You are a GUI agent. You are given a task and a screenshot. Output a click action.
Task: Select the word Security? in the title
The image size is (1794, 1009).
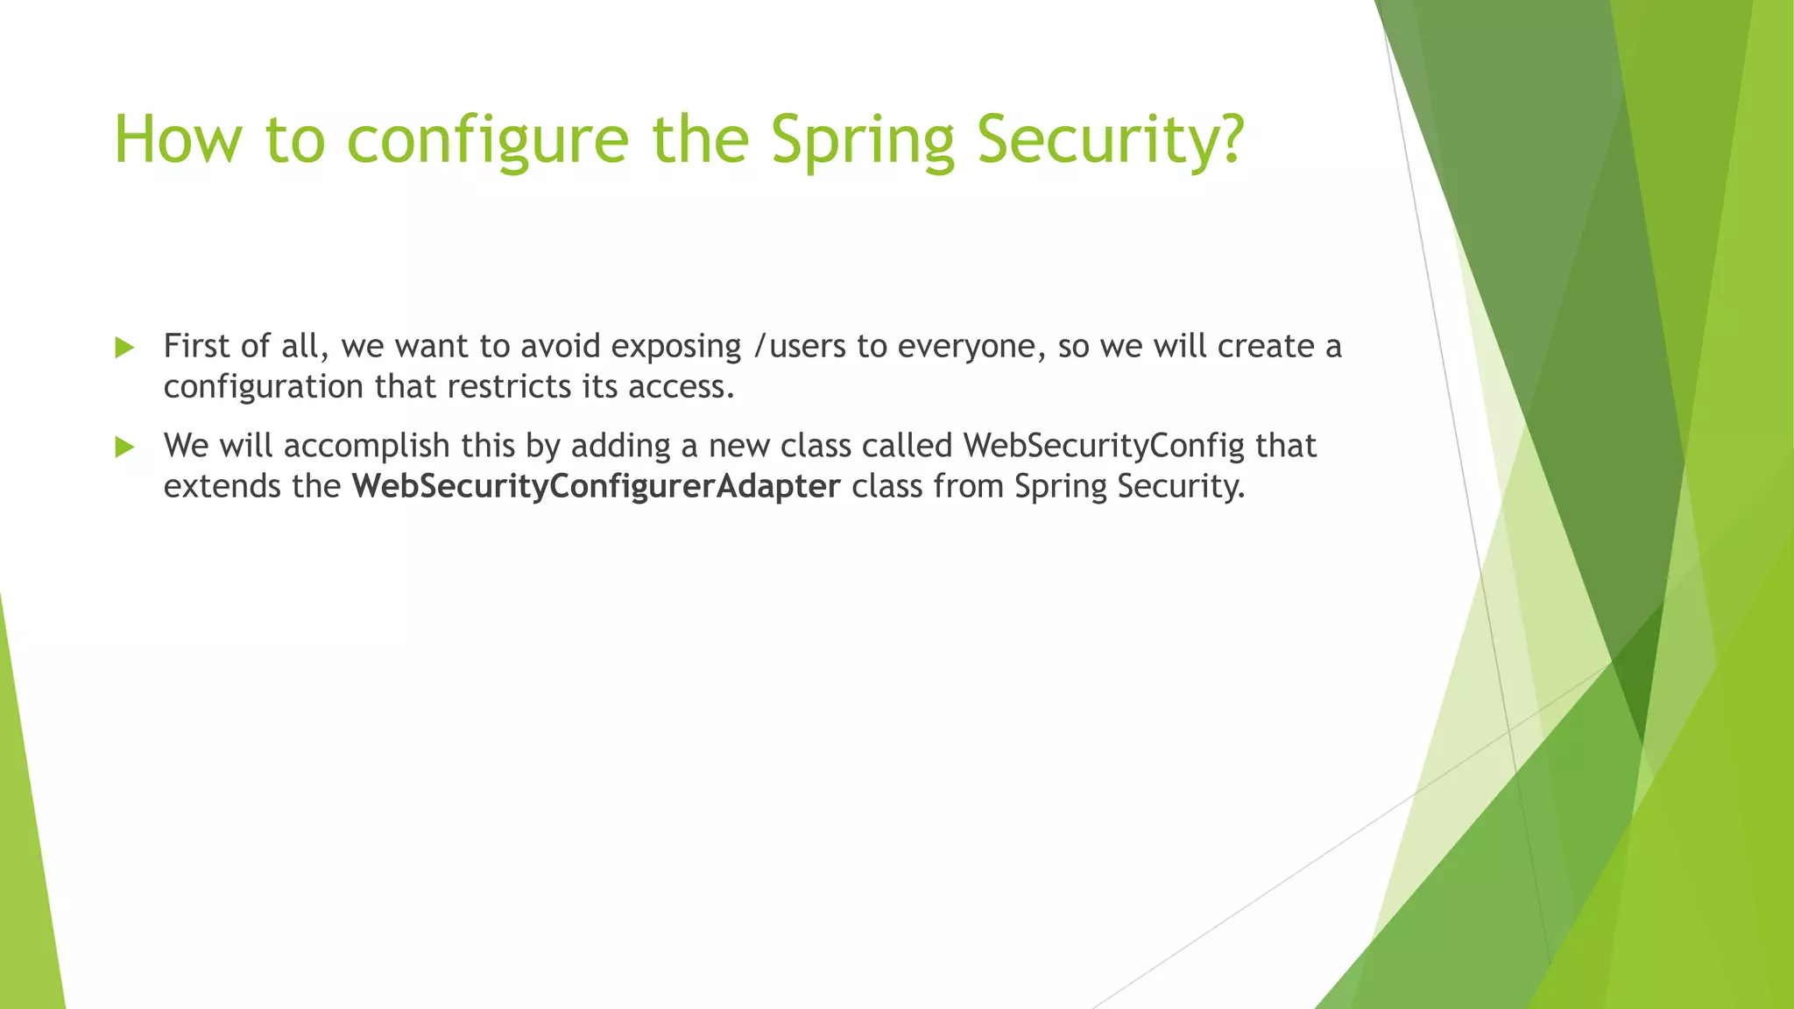coord(1110,140)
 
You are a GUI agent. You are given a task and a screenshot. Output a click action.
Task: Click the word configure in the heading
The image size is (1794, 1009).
coord(488,140)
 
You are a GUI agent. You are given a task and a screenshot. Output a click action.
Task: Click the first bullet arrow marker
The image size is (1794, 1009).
coord(124,348)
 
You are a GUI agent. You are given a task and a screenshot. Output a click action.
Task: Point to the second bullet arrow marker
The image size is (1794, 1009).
coord(124,448)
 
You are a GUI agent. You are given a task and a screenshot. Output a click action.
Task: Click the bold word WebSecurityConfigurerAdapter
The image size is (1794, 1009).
coord(596,486)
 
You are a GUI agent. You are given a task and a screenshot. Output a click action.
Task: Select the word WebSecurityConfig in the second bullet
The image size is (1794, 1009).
coord(1104,446)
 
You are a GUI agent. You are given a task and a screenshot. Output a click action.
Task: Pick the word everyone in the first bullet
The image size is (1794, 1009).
coord(971,347)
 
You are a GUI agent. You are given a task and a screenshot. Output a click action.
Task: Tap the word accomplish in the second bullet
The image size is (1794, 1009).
coord(367,446)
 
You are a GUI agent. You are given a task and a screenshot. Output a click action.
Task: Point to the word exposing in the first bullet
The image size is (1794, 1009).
coord(676,347)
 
